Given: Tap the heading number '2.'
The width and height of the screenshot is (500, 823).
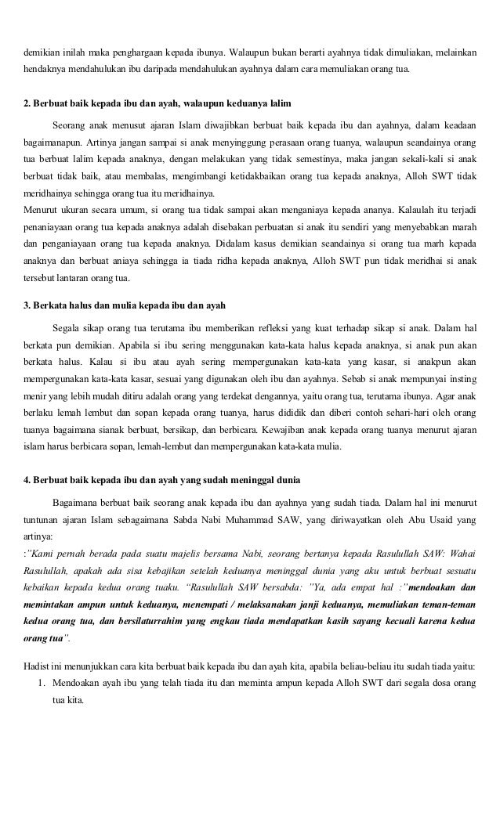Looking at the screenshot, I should tap(27, 103).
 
